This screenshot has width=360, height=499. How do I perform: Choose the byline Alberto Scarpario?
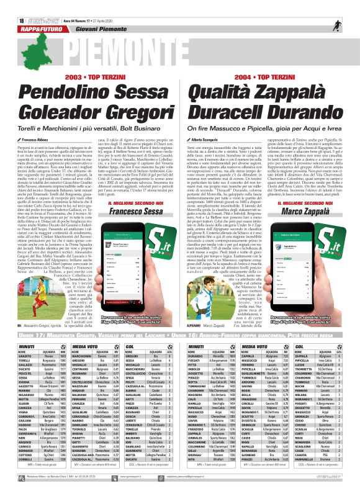coord(204,142)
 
